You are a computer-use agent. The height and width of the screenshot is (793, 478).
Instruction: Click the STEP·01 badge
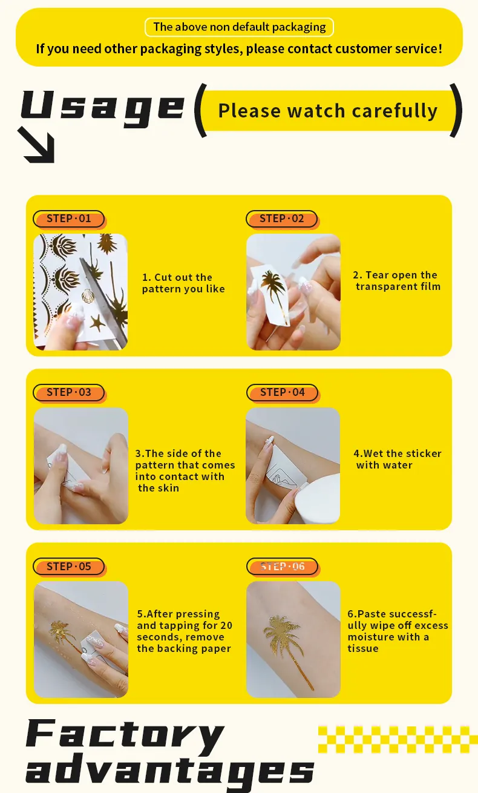pyautogui.click(x=68, y=219)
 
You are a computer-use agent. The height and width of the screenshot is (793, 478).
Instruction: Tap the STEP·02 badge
pyautogui.click(x=281, y=219)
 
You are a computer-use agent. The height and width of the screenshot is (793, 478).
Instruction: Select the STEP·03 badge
pyautogui.click(x=68, y=392)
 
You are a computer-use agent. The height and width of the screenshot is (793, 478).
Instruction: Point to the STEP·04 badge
pyautogui.click(x=282, y=392)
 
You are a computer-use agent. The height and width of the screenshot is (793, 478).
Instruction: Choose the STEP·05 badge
pyautogui.click(x=68, y=567)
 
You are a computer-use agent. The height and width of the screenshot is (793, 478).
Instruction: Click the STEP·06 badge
pyautogui.click(x=282, y=567)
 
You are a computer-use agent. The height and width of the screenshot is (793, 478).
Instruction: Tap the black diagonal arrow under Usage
pyautogui.click(x=38, y=145)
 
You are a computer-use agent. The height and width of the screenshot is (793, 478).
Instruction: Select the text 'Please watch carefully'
pyautogui.click(x=327, y=111)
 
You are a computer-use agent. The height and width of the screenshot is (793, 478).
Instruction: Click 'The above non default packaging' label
pyautogui.click(x=239, y=27)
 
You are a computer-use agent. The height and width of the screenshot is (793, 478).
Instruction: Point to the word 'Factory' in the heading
pyautogui.click(x=125, y=734)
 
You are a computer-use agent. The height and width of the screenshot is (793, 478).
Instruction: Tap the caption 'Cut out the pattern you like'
pyautogui.click(x=183, y=283)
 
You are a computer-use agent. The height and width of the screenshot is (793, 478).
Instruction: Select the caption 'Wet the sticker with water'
pyautogui.click(x=397, y=459)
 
